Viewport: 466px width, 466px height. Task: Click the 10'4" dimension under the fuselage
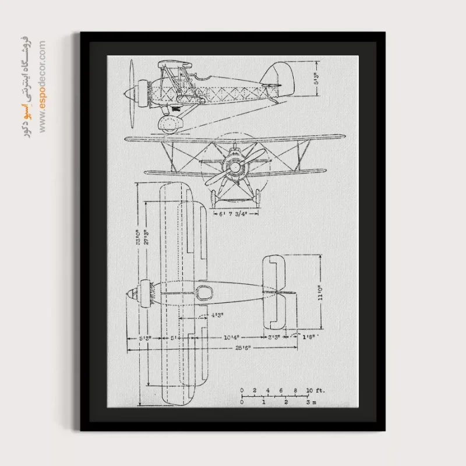click(x=231, y=337)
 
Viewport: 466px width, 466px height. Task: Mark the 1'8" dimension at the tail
click(x=310, y=337)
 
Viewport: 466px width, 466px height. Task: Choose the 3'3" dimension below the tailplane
click(x=274, y=337)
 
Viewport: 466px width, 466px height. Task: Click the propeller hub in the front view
click(x=235, y=167)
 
